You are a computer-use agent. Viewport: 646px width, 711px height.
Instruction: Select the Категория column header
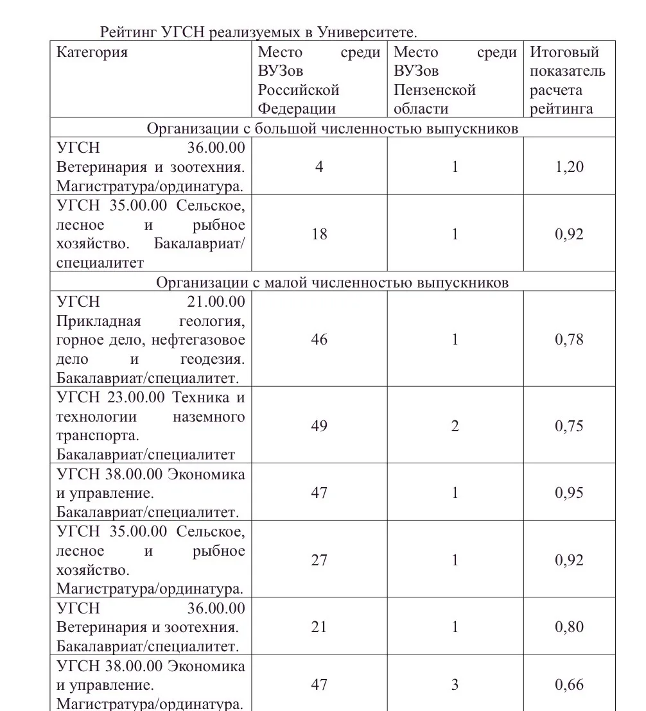[92, 52]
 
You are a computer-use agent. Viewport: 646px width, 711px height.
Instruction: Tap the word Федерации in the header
[297, 108]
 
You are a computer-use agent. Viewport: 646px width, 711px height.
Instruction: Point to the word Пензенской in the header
[434, 89]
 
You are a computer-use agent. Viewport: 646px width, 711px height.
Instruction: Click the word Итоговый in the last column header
[564, 52]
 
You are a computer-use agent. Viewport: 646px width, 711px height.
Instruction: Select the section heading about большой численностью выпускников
[332, 128]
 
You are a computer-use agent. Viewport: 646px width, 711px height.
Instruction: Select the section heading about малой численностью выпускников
[332, 282]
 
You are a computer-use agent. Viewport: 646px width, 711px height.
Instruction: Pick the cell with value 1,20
[569, 167]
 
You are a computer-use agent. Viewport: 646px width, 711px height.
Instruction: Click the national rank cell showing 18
[319, 234]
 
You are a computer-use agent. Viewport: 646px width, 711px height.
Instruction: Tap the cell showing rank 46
[319, 339]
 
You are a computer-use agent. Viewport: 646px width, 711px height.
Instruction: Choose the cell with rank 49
[319, 426]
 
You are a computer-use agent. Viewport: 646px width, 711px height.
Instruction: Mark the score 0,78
[569, 339]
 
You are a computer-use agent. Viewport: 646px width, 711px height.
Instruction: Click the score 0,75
[569, 426]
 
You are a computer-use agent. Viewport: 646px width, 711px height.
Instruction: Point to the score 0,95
[569, 493]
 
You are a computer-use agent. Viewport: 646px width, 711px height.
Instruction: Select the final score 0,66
[569, 685]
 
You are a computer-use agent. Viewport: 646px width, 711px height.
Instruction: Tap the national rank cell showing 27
[319, 560]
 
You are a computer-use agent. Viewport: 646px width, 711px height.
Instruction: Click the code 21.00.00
[216, 302]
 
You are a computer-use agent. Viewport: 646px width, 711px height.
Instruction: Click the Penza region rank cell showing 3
[455, 685]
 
